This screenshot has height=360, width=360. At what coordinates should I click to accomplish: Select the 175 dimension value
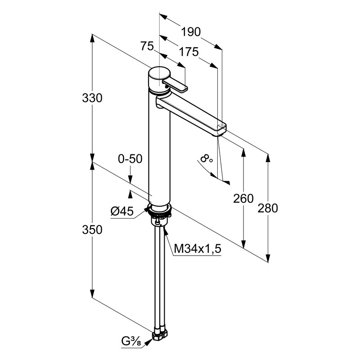point(189,52)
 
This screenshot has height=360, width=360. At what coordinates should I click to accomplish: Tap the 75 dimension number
point(147,45)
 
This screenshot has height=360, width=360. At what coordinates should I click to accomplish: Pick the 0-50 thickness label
point(130,158)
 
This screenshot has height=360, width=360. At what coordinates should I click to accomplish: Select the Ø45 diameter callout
point(122,211)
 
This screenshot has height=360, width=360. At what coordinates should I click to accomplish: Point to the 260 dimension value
point(244,198)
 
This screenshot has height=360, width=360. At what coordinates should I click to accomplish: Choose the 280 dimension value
point(269,208)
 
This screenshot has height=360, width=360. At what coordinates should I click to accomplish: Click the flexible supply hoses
point(160,279)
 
